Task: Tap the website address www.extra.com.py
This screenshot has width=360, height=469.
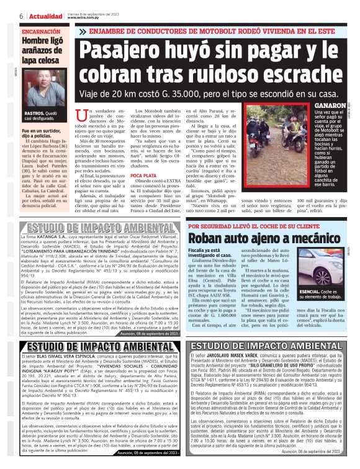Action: [84, 18]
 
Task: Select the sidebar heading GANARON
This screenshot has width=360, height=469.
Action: [317, 106]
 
